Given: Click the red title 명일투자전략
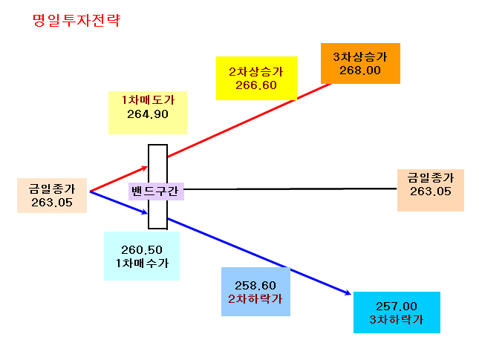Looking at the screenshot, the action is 76,21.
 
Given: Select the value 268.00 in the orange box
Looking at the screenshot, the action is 360,71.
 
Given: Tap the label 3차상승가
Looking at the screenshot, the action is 360,57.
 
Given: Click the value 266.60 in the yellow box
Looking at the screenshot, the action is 256,85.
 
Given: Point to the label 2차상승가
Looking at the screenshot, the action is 256,72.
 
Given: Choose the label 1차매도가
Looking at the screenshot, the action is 149,100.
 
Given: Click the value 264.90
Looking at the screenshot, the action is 148,114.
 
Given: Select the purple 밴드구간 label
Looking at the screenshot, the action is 155,192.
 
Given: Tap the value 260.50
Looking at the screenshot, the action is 142,250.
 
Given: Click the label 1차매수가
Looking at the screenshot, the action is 142,264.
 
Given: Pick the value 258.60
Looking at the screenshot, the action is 255,286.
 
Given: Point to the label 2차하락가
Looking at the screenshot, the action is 255,299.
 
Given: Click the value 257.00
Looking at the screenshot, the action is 397,307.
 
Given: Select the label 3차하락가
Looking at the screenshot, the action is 397,320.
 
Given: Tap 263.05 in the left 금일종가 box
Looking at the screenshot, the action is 52,203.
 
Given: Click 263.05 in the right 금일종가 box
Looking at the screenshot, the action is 431,192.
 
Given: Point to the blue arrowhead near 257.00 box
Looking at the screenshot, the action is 348,292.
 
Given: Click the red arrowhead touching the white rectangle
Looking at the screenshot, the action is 145,168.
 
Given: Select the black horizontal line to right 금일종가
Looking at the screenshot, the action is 290,189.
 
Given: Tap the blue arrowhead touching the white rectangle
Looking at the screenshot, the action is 144,212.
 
